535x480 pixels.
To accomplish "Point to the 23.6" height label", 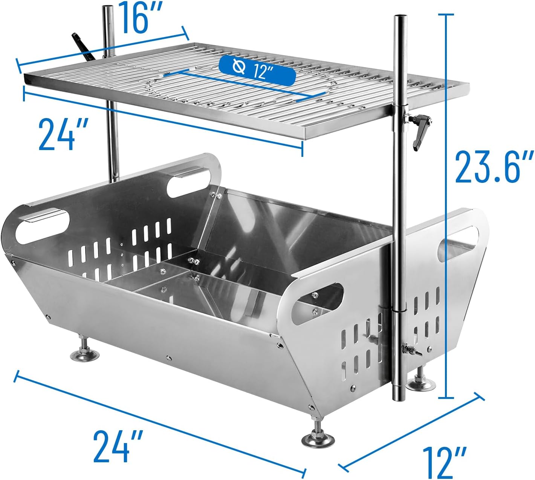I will pos(494,166).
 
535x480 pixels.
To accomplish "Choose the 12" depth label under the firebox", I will pos(445,462).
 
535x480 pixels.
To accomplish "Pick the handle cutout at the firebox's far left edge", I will pos(43,227).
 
